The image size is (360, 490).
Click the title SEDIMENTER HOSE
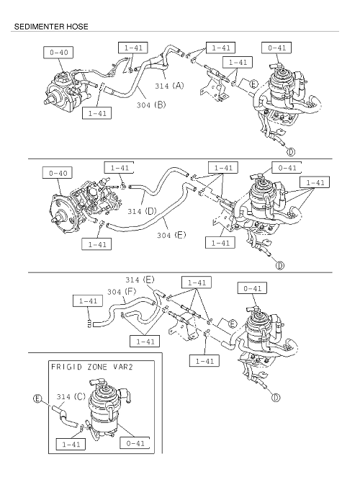coord(51,27)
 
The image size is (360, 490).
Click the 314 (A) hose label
coord(169,85)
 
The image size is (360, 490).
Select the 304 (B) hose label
coord(151,104)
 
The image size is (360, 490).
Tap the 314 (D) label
coord(142,211)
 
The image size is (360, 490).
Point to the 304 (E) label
coord(171,235)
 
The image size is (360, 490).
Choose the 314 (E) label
coord(140,280)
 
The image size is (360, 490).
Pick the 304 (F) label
coord(122,292)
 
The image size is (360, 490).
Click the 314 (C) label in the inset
coord(71,396)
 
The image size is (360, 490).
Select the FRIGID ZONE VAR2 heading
coord(91,367)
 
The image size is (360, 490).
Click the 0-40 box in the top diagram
coord(58,53)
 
